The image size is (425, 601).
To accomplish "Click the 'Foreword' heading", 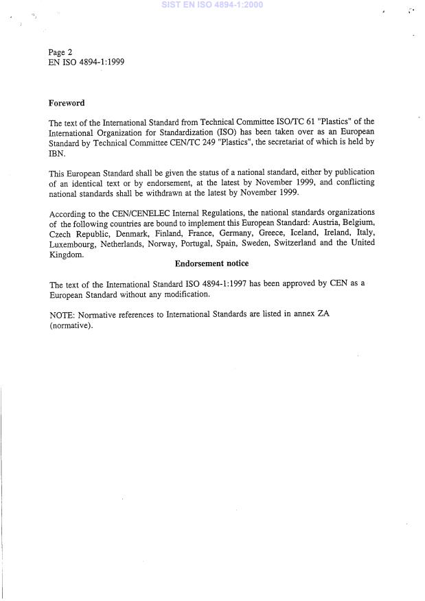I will pyautogui.click(x=67, y=103).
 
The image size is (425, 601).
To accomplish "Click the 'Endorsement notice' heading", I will pyautogui.click(x=211, y=263).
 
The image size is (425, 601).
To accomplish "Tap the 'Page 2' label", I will pyautogui.click(x=60, y=52).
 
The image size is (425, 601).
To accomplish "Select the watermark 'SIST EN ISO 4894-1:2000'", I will pyautogui.click(x=211, y=5).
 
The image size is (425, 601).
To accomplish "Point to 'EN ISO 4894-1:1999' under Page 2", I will pyautogui.click(x=86, y=62).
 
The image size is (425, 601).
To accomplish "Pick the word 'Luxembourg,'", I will pyautogui.click(x=72, y=244).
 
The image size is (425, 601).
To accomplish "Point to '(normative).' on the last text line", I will pyautogui.click(x=71, y=326).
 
